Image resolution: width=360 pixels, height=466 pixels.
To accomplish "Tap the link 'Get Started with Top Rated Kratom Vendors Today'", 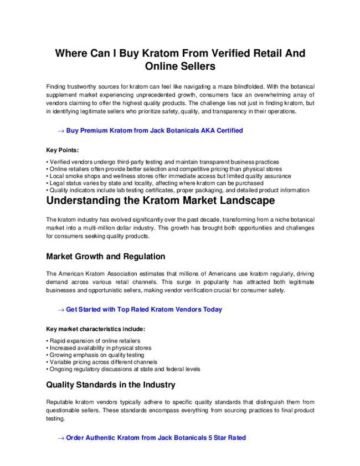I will [x=143, y=309].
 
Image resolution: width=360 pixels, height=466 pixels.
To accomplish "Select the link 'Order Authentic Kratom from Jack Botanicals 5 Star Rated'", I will [x=156, y=438].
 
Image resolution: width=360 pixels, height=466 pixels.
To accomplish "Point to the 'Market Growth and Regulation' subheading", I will [x=105, y=257].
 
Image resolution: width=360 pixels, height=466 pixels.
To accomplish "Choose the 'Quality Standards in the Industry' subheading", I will [x=111, y=385].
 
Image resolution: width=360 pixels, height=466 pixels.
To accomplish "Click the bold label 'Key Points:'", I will [x=62, y=150].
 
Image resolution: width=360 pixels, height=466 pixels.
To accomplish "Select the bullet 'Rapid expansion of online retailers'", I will [x=94, y=341].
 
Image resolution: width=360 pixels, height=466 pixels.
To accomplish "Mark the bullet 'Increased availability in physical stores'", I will [x=100, y=348].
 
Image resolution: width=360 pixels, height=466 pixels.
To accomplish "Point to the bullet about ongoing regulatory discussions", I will [x=125, y=369].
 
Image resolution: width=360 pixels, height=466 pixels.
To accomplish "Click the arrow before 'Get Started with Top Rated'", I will [x=61, y=310].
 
